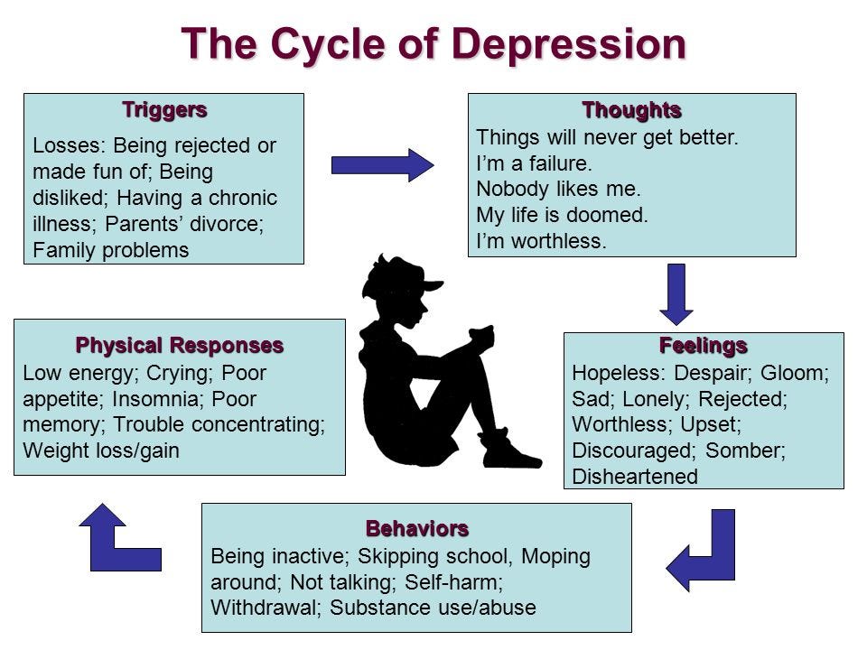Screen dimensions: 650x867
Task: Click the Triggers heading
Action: pos(164,110)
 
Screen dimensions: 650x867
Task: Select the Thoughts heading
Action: pos(631,110)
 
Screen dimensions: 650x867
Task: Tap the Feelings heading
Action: pos(704,346)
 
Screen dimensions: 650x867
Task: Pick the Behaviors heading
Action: pos(416,527)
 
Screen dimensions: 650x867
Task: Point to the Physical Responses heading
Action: pos(179,345)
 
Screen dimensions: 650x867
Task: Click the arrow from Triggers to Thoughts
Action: pos(382,164)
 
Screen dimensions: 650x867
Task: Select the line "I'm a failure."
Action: pos(534,164)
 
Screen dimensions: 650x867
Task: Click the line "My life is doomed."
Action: pos(563,216)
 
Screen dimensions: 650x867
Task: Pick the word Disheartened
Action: pos(635,477)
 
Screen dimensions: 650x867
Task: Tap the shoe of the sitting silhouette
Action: pos(508,451)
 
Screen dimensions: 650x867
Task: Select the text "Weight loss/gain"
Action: pos(100,450)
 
